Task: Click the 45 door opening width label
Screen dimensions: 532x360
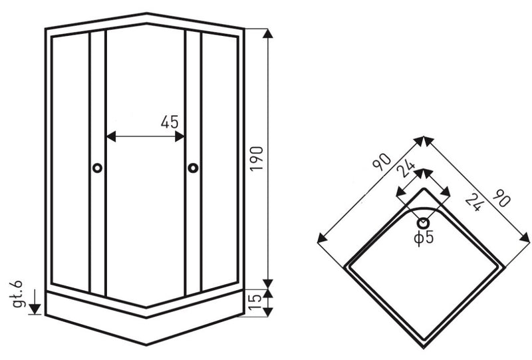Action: click(x=170, y=122)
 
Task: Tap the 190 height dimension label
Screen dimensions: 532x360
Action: click(x=257, y=158)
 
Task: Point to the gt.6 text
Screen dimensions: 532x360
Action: click(x=17, y=294)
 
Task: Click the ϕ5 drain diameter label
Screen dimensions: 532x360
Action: click(x=424, y=238)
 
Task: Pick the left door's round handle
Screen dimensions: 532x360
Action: click(x=97, y=168)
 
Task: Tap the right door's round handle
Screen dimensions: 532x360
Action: click(x=193, y=168)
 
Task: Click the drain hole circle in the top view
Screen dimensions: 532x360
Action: click(x=423, y=223)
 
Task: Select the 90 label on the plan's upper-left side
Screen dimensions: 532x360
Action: click(x=382, y=162)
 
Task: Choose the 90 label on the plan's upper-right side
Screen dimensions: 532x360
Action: click(x=501, y=198)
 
